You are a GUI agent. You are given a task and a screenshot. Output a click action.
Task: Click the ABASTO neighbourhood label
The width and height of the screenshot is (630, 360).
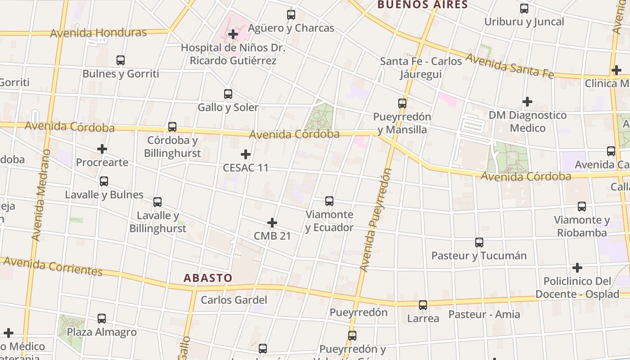207,278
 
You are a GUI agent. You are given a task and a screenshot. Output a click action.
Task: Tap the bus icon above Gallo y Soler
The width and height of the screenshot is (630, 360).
228,94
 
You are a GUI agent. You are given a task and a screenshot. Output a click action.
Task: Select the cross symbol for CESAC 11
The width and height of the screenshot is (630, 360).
246,154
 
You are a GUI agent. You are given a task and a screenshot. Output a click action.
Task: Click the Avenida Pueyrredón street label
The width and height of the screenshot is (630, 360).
376,220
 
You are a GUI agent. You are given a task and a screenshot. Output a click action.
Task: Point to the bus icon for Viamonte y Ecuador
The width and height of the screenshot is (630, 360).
329,201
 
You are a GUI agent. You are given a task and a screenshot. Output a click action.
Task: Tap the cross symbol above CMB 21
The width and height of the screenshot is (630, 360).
272,223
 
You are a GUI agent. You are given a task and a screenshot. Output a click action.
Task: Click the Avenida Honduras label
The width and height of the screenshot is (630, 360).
99,33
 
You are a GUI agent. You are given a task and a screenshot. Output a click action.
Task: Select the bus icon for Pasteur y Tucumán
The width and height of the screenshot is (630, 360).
479,243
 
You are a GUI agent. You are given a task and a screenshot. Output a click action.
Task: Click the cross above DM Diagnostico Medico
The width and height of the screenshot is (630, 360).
527,102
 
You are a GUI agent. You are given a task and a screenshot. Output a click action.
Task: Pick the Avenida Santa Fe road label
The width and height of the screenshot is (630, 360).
509,66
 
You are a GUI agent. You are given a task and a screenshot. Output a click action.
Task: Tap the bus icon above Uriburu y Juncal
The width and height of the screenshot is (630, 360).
524,9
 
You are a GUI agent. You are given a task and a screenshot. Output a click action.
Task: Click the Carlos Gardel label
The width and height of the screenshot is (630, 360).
234,300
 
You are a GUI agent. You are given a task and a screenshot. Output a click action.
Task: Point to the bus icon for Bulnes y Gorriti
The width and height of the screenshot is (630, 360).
121,60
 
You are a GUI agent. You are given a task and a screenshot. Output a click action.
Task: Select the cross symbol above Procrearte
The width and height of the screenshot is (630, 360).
102,149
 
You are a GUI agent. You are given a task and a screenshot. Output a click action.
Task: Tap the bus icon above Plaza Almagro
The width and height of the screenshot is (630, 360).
102,319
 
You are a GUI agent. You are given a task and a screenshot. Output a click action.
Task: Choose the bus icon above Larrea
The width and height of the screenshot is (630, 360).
423,305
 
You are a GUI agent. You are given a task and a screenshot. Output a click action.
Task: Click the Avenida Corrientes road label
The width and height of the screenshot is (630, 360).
53,266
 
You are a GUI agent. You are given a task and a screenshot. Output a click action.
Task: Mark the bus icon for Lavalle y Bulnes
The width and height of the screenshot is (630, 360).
104,181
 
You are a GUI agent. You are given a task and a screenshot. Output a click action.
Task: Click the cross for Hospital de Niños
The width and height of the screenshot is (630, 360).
233,34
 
